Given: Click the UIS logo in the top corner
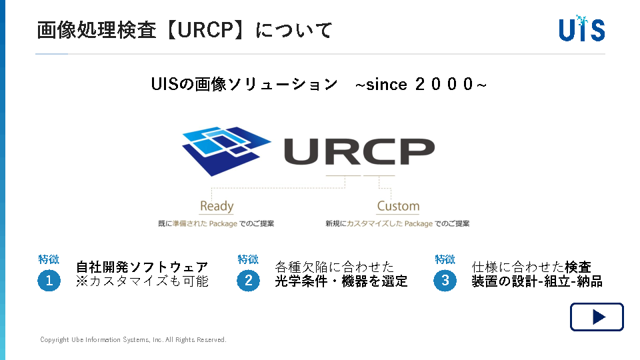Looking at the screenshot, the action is [x=581, y=29].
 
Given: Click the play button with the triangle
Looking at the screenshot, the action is [x=597, y=317].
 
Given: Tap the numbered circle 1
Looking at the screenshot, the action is [x=49, y=281].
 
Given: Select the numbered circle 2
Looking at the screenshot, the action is [x=248, y=281].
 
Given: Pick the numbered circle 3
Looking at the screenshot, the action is [x=445, y=281].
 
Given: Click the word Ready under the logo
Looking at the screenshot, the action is [x=217, y=206].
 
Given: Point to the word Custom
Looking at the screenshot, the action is [x=398, y=206].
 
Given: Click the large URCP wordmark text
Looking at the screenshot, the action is [x=359, y=151].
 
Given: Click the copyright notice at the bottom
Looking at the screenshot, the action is [x=133, y=339].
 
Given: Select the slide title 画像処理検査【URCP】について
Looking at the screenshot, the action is [x=185, y=30].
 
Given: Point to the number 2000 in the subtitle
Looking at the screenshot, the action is [x=444, y=85].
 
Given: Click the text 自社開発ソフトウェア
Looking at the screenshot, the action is [x=142, y=267].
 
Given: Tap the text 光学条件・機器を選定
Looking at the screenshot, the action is [x=341, y=281].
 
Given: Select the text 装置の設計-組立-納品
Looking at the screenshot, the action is [x=537, y=281].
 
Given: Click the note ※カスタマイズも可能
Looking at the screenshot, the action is [x=142, y=281].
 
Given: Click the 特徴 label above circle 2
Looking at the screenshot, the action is [x=248, y=259].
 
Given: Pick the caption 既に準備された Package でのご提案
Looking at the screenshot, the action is [x=216, y=224].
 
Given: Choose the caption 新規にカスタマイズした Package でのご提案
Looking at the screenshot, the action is [x=397, y=224].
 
